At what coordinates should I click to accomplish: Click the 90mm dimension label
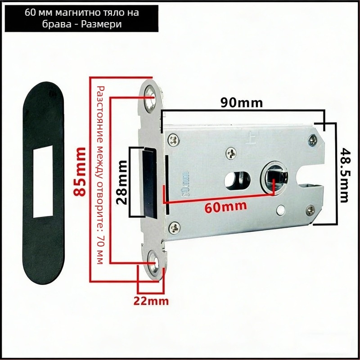[242, 103]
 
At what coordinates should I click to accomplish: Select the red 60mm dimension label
[226, 207]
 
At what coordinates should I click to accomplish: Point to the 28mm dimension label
[121, 182]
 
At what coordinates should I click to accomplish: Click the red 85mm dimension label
[80, 172]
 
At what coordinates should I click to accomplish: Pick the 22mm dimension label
[151, 301]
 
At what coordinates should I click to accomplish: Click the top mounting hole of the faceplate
[151, 99]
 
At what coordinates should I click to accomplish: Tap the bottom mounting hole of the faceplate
[153, 265]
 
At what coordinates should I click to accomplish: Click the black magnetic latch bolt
[150, 183]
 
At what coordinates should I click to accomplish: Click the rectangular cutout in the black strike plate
[43, 181]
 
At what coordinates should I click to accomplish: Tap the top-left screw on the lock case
[173, 140]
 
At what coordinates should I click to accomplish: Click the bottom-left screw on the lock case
[174, 228]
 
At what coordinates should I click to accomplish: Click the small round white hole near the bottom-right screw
[281, 209]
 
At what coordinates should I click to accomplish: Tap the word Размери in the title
[102, 24]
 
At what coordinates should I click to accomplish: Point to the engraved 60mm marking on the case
[184, 184]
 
